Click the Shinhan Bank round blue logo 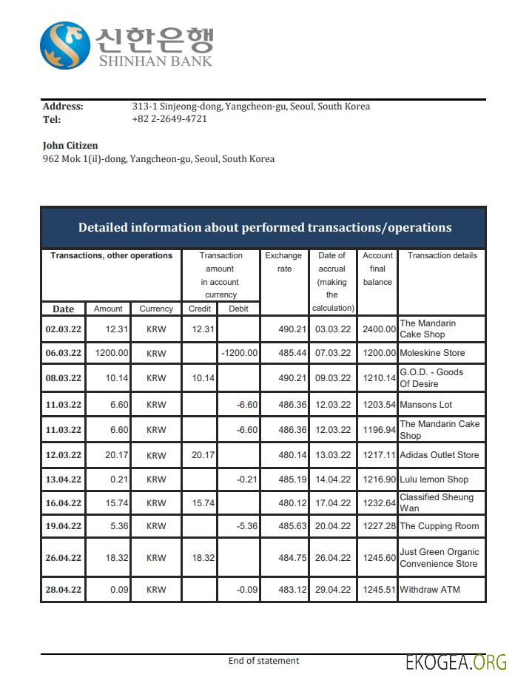(x=65, y=46)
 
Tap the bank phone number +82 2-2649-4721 (x=169, y=118)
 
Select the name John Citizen (x=70, y=145)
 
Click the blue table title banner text (x=264, y=227)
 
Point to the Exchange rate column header (x=284, y=262)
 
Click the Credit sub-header (x=200, y=309)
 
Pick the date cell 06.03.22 (x=63, y=353)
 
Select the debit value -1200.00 (x=239, y=353)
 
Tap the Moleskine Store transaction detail (x=432, y=353)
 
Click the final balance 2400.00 (x=378, y=329)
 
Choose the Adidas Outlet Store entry (x=439, y=455)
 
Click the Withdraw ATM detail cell (x=429, y=590)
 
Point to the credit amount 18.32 (x=203, y=558)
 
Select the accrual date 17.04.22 (x=331, y=503)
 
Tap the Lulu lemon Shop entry (x=434, y=480)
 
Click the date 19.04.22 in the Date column (x=63, y=527)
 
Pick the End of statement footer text (x=263, y=661)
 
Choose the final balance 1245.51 (x=378, y=590)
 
